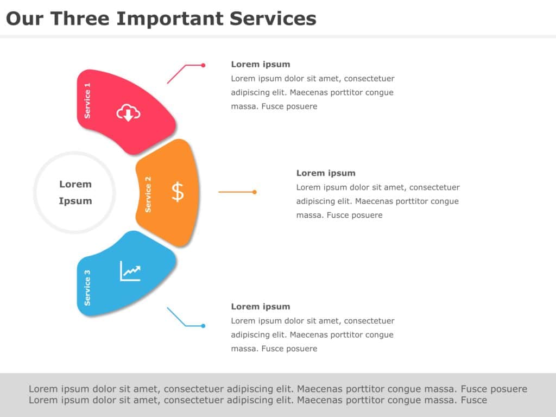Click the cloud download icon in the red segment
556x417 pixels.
click(129, 113)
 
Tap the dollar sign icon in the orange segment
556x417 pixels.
click(178, 192)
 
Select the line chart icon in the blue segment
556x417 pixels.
click(130, 271)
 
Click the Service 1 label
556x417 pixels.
click(88, 100)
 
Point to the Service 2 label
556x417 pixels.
click(148, 194)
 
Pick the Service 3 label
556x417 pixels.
click(87, 288)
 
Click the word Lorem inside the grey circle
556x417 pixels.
click(75, 184)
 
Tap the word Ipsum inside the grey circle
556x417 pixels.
click(75, 201)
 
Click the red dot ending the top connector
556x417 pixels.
click(203, 65)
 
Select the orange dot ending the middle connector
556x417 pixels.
click(255, 192)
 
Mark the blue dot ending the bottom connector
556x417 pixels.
click(203, 326)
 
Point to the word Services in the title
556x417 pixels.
click(273, 18)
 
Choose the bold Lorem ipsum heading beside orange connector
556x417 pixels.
click(326, 173)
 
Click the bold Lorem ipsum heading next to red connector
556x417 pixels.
click(261, 64)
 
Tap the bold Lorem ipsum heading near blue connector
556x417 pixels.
click(261, 306)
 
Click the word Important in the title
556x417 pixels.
click(170, 18)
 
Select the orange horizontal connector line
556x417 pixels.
click(236, 192)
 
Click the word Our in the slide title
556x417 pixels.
click(25, 18)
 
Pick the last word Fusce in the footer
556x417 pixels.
click(473, 400)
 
